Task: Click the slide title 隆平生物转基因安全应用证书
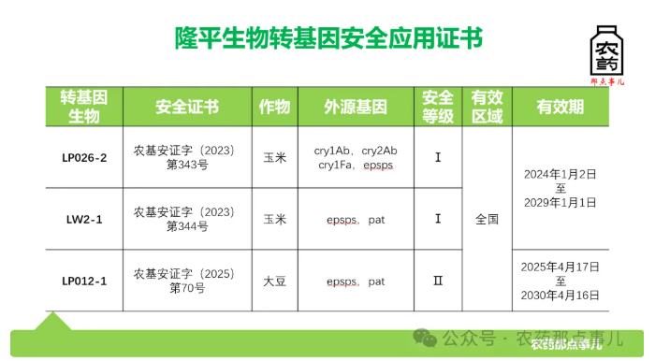click(x=328, y=37)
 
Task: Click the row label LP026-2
click(x=84, y=157)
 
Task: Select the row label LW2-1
click(x=84, y=219)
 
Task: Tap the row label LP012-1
click(x=84, y=281)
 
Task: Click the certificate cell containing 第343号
click(x=187, y=157)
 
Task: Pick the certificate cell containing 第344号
click(x=187, y=219)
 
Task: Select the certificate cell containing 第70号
click(x=187, y=281)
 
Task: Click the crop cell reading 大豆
click(x=275, y=281)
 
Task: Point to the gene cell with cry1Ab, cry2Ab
click(x=356, y=157)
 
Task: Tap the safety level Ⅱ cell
click(x=438, y=281)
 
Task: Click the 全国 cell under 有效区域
click(x=487, y=219)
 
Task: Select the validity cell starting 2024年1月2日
click(x=560, y=188)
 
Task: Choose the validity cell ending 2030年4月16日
click(x=560, y=281)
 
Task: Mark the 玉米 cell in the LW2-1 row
click(x=275, y=219)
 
